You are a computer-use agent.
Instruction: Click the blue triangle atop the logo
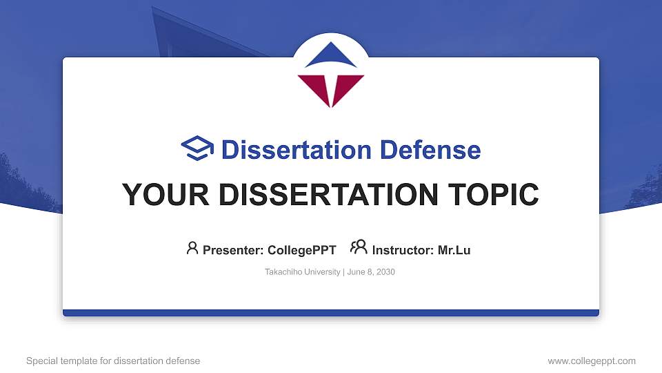pos(331,58)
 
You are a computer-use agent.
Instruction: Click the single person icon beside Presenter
pos(192,248)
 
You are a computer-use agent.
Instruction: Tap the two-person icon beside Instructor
pos(359,248)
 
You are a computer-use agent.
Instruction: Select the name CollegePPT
pos(303,250)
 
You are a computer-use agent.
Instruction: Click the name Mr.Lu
pos(454,250)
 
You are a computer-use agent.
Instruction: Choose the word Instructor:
pos(403,250)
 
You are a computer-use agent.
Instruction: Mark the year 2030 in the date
pos(385,272)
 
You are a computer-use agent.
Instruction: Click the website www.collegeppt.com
pos(591,361)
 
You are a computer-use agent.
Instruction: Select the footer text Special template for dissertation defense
pos(113,361)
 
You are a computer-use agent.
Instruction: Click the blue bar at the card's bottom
pos(331,313)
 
